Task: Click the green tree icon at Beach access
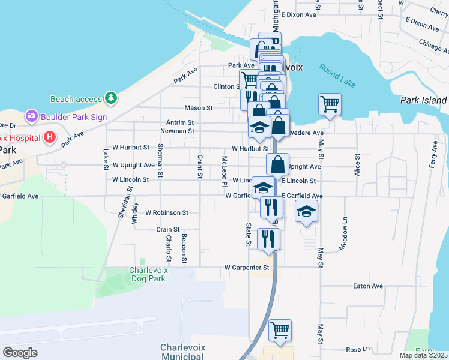click(x=110, y=97)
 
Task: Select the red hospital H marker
click(x=50, y=137)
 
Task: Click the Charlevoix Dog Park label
click(x=148, y=274)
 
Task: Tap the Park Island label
click(x=423, y=100)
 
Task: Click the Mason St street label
click(x=199, y=108)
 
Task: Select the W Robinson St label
click(x=167, y=212)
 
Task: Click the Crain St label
click(x=168, y=229)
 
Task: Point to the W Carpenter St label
click(x=246, y=268)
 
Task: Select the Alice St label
click(x=357, y=164)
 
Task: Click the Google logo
click(x=20, y=353)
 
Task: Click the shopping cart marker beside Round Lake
click(x=330, y=104)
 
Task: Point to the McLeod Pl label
click(x=224, y=170)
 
